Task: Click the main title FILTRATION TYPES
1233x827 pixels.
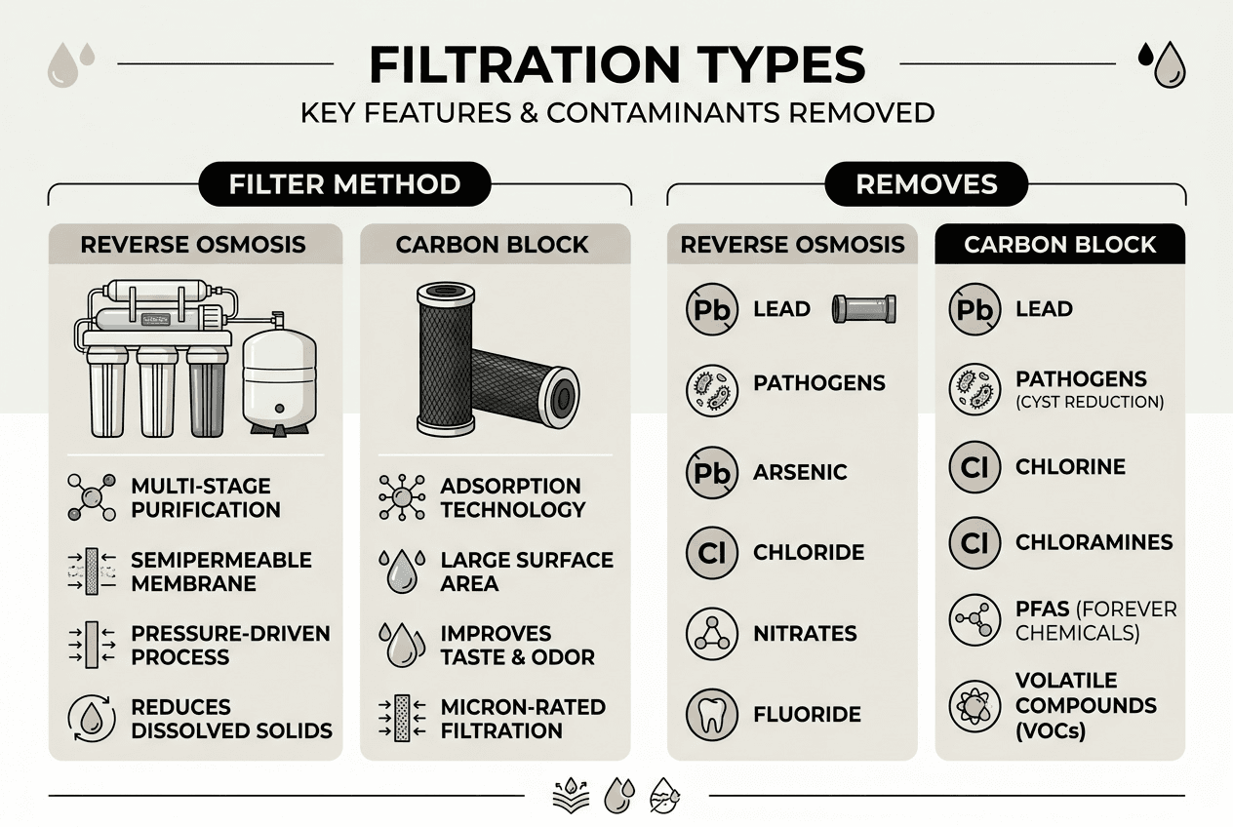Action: tap(616, 64)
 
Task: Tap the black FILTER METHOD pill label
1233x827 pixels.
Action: tap(343, 184)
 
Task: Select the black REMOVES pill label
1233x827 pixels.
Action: tap(926, 184)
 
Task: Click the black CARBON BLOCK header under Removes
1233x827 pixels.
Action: tap(1059, 244)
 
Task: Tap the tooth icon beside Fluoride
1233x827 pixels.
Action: tap(712, 714)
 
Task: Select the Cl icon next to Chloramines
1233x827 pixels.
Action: tap(974, 542)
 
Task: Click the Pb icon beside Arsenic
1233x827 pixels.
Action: tap(712, 472)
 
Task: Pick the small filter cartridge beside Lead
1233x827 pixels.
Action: tap(863, 309)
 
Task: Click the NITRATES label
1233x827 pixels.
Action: tap(805, 633)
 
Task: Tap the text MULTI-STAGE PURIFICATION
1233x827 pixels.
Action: tap(205, 497)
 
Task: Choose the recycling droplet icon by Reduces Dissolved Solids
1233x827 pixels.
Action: tap(91, 719)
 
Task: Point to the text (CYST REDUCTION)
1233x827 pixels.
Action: tap(1090, 402)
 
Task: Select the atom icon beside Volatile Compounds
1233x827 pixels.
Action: tap(974, 705)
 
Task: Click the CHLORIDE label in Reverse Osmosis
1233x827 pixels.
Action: tap(809, 552)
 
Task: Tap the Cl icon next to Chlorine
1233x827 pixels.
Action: tap(974, 467)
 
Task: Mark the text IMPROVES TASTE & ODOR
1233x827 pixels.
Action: tap(517, 645)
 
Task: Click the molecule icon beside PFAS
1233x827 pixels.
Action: tap(974, 619)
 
